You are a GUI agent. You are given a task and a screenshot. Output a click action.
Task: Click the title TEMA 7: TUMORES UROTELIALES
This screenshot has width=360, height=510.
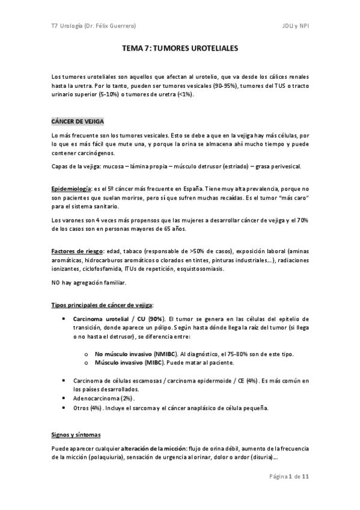(180, 52)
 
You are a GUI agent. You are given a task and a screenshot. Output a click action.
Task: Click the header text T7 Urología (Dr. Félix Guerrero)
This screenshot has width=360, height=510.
(93, 25)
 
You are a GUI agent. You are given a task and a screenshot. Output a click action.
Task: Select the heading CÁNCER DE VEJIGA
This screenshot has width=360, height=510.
(78, 121)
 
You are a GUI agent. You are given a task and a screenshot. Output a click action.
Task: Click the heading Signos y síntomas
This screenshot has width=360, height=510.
(76, 434)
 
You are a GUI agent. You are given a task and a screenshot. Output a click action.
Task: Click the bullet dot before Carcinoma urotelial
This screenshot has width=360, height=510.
(64, 318)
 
